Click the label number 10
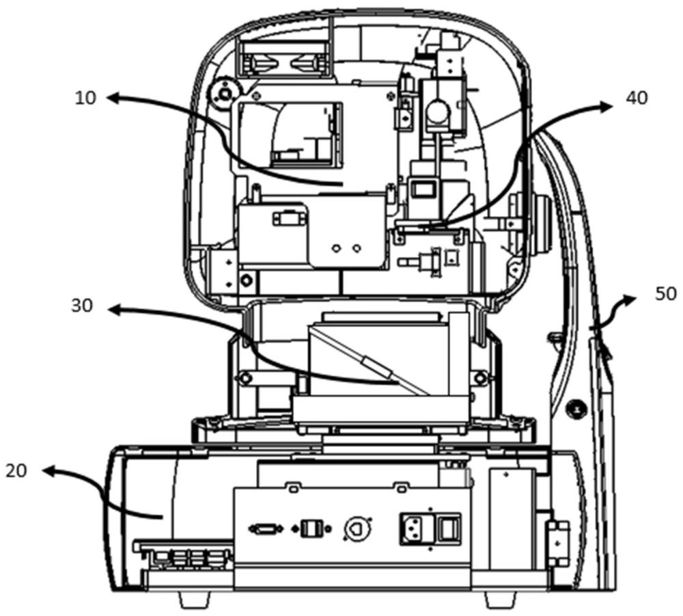pos(85,98)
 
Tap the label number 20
pos(16,470)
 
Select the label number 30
pos(83,306)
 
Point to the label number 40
pos(637,98)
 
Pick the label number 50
pos(666,294)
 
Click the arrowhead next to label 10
pos(113,98)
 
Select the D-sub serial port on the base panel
pos(266,529)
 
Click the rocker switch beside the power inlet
pos(448,528)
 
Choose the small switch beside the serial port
pos(311,529)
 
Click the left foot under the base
pos(195,600)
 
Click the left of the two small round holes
pos(336,248)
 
